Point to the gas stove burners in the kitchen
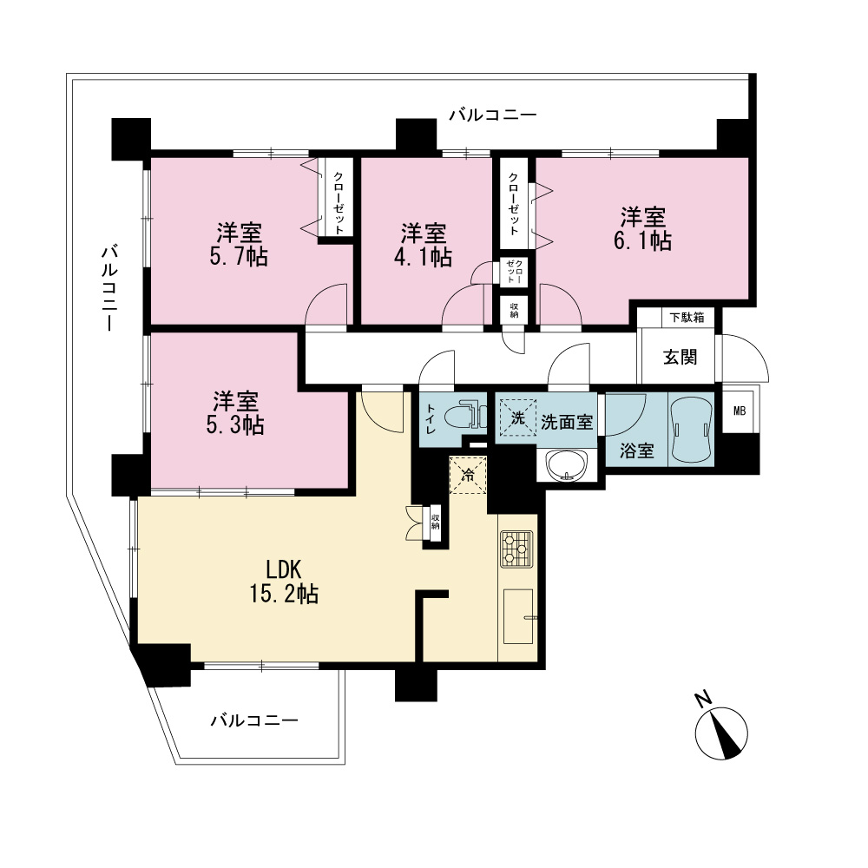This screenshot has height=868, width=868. pyautogui.click(x=516, y=549)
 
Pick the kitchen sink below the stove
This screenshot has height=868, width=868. pyautogui.click(x=519, y=616)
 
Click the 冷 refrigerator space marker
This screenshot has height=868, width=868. pyautogui.click(x=468, y=475)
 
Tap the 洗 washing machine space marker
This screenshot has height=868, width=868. pyautogui.click(x=518, y=418)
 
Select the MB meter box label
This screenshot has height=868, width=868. pyautogui.click(x=739, y=411)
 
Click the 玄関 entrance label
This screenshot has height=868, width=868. pyautogui.click(x=680, y=357)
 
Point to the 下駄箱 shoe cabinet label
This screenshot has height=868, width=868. pyautogui.click(x=687, y=317)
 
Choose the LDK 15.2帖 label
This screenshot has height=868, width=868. pyautogui.click(x=284, y=582)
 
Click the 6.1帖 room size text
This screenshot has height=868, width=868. pyautogui.click(x=642, y=241)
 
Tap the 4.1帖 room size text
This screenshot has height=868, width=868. pyautogui.click(x=423, y=258)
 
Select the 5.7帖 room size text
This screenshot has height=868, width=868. pyautogui.click(x=239, y=257)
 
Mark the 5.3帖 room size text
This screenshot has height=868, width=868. pyautogui.click(x=235, y=424)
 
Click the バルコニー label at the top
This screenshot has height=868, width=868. pyautogui.click(x=493, y=115)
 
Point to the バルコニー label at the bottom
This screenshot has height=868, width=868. pyautogui.click(x=254, y=720)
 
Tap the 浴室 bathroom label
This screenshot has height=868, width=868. pyautogui.click(x=636, y=450)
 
